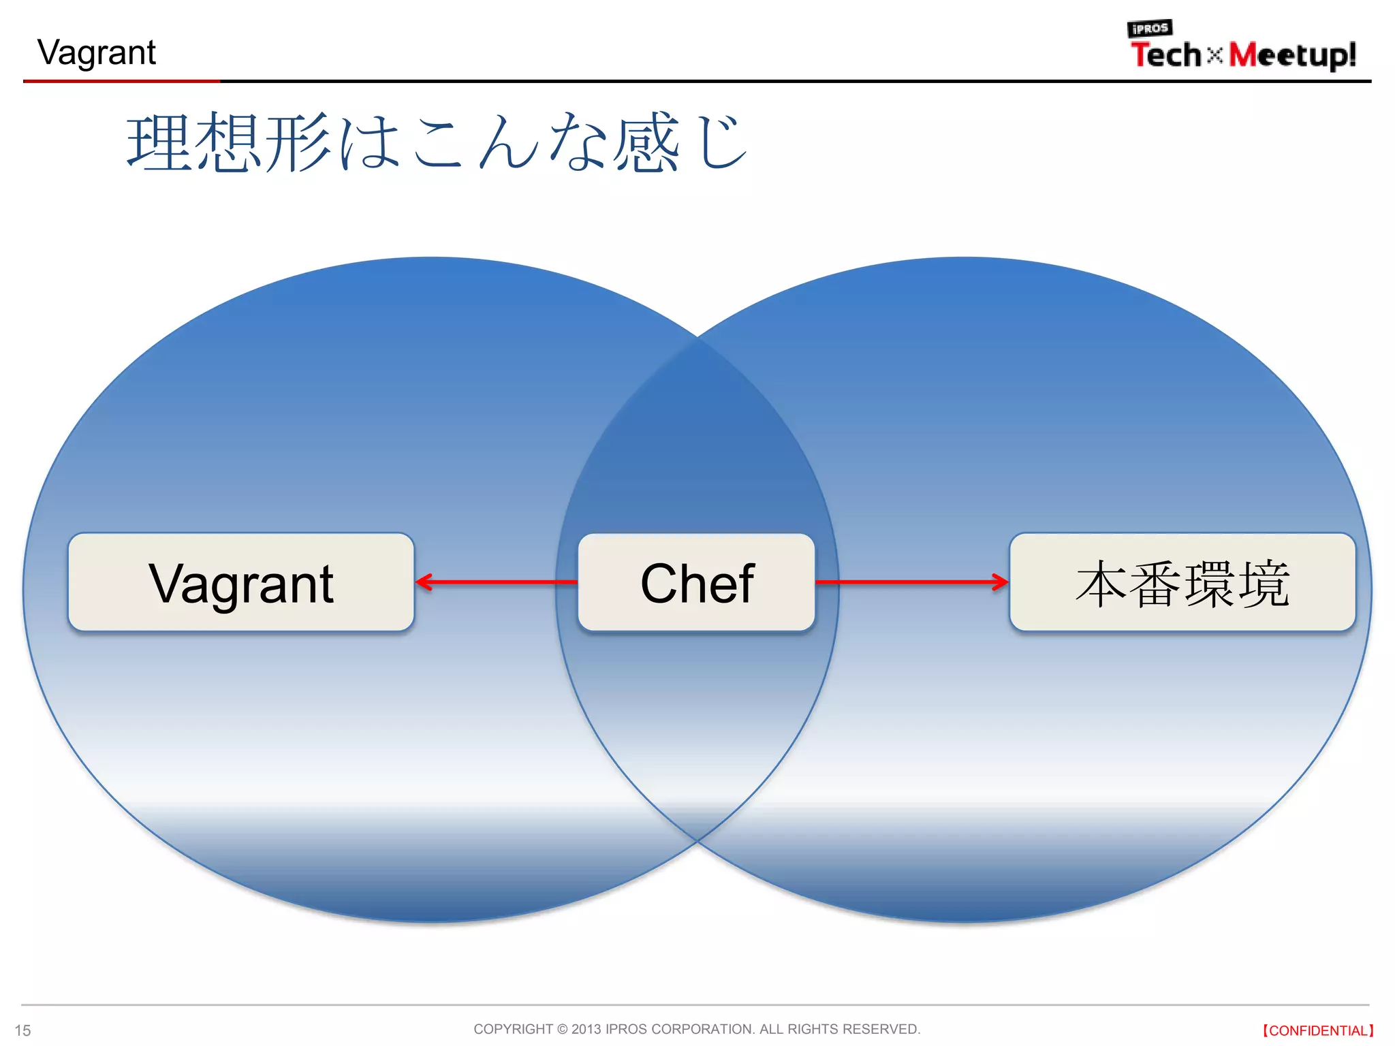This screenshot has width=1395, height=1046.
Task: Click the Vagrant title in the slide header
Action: pyautogui.click(x=97, y=53)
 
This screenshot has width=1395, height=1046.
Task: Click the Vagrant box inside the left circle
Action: pyautogui.click(x=241, y=582)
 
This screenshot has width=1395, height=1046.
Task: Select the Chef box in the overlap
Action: pyautogui.click(x=696, y=582)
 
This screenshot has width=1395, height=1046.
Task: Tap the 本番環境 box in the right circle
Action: pyautogui.click(x=1182, y=582)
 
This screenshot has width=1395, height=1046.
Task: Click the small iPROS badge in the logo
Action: pyautogui.click(x=1150, y=29)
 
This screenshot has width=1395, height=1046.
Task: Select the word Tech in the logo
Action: pyautogui.click(x=1165, y=55)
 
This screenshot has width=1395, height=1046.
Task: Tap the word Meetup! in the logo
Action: pyautogui.click(x=1292, y=55)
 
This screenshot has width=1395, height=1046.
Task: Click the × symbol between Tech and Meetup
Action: pyautogui.click(x=1214, y=55)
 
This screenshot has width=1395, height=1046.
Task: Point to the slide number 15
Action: pyautogui.click(x=22, y=1030)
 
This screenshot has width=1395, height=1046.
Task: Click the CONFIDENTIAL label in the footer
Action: pyautogui.click(x=1318, y=1030)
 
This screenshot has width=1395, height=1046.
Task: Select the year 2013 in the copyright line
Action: pyautogui.click(x=586, y=1029)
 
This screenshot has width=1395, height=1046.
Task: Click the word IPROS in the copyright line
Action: pyautogui.click(x=626, y=1029)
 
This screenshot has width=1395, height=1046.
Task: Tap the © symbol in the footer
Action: pyautogui.click(x=562, y=1029)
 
